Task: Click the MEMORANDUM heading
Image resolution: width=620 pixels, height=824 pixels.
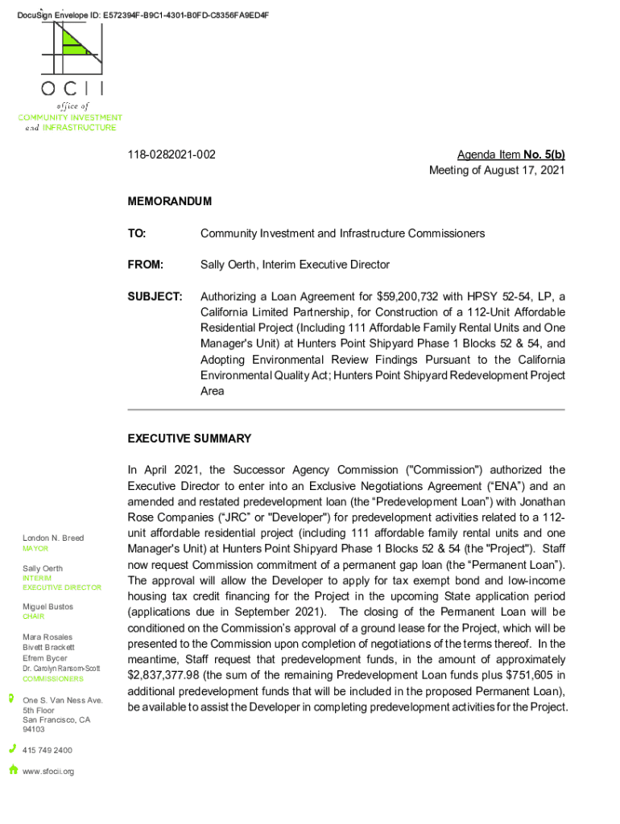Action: tap(170, 201)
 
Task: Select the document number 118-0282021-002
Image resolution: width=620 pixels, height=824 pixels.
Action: tap(172, 154)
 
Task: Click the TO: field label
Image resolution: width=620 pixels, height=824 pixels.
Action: tap(137, 233)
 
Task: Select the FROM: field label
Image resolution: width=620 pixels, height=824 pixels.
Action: tap(146, 265)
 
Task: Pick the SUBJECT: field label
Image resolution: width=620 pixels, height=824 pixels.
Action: tap(155, 296)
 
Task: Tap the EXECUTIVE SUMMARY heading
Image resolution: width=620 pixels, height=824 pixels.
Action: tap(189, 439)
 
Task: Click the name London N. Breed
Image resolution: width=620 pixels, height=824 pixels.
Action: tap(53, 538)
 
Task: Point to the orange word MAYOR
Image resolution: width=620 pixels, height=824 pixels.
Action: tap(35, 549)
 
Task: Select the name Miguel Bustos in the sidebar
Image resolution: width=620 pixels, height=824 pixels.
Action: tap(48, 607)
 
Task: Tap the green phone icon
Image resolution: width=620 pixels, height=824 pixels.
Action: tap(12, 748)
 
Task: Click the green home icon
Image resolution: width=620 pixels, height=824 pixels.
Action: tap(13, 769)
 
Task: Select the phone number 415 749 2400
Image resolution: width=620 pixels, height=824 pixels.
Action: tap(48, 750)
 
